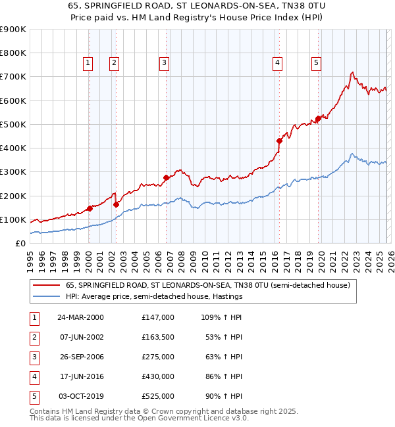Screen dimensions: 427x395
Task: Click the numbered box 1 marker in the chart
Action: (88, 63)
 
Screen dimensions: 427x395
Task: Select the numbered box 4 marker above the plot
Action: (278, 63)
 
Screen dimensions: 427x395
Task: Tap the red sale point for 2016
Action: (279, 141)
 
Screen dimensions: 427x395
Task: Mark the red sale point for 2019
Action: (318, 119)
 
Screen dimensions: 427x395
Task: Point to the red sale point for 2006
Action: (166, 177)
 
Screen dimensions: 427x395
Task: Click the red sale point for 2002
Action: (116, 204)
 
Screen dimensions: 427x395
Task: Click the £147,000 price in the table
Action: (157, 317)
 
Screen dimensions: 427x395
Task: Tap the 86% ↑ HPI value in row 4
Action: (223, 376)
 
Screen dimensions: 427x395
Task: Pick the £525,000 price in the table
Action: (157, 396)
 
